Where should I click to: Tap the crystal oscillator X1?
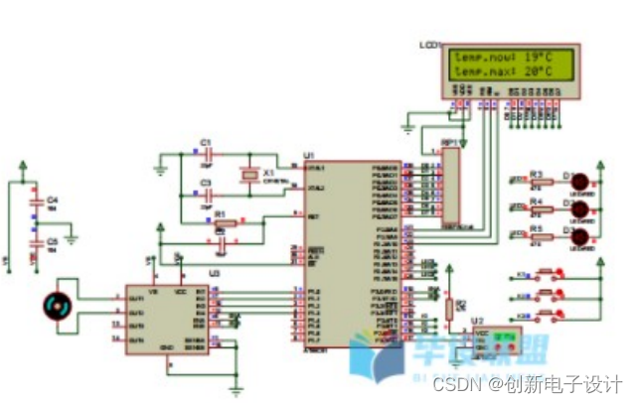[x=248, y=176]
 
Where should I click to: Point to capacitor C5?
[x=36, y=240]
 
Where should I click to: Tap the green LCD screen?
[x=507, y=66]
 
